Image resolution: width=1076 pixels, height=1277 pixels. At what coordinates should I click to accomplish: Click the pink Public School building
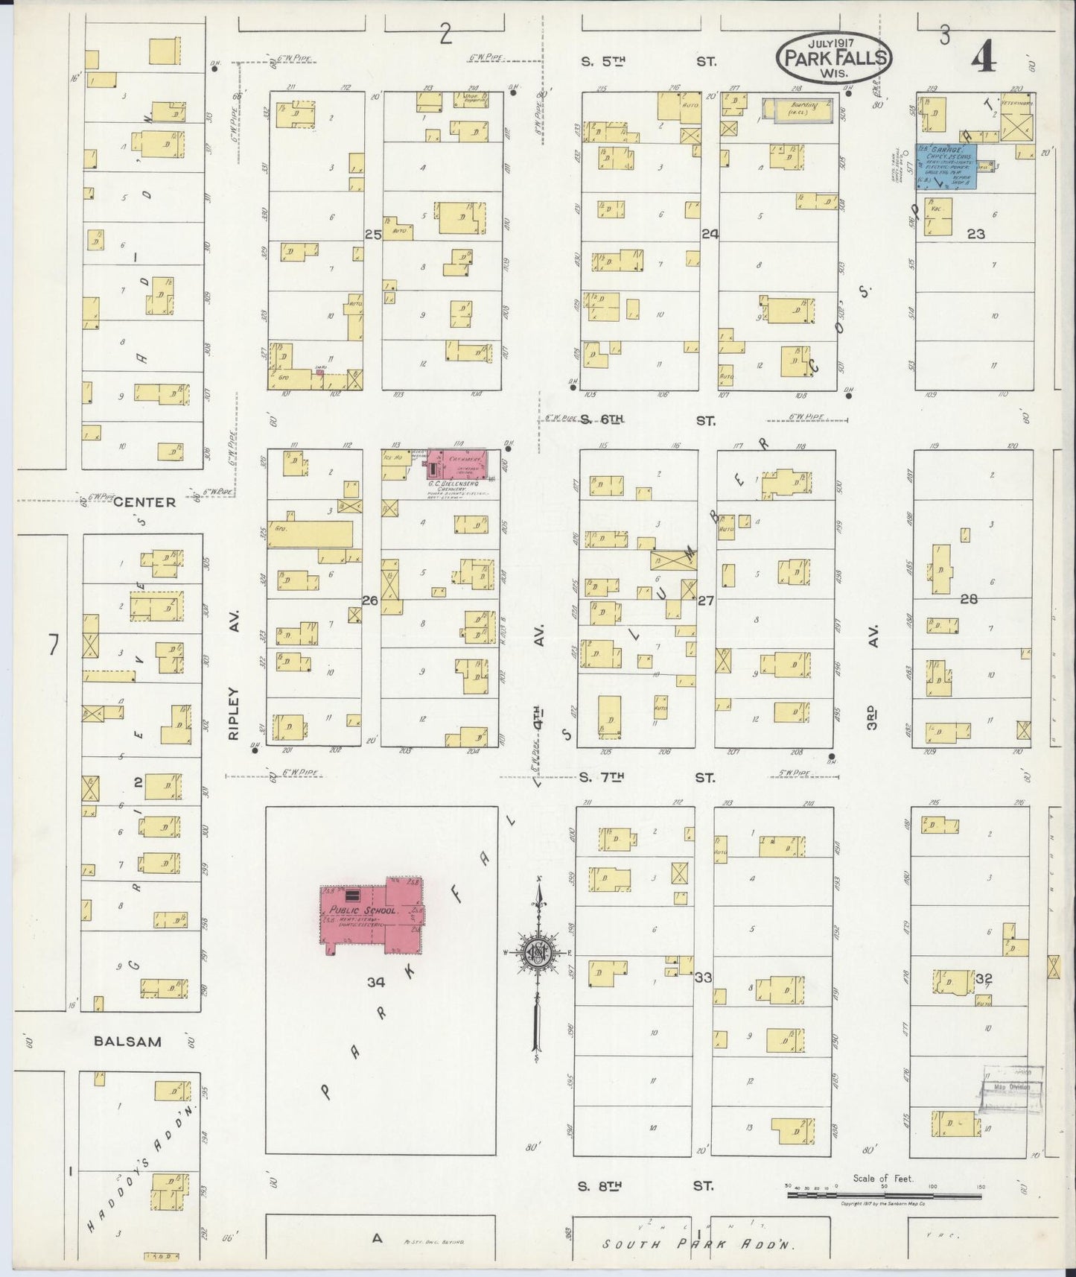point(365,916)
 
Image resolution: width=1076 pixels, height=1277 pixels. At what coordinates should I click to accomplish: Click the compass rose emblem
point(536,954)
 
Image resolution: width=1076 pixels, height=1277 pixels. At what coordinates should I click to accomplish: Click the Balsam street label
point(128,1042)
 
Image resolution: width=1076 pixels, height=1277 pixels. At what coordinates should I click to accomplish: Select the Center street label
point(144,502)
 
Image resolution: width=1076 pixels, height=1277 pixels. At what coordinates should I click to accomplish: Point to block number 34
point(376,982)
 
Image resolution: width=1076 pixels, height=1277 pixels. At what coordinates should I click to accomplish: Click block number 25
point(372,234)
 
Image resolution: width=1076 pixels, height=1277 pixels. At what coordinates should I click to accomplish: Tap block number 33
point(703,977)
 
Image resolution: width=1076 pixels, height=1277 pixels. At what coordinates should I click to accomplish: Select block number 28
point(968,598)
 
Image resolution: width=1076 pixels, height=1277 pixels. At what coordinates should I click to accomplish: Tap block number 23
point(975,234)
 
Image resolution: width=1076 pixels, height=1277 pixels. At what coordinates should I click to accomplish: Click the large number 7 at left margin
point(53,645)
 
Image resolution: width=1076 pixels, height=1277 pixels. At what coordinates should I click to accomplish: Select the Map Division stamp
point(1013,1087)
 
